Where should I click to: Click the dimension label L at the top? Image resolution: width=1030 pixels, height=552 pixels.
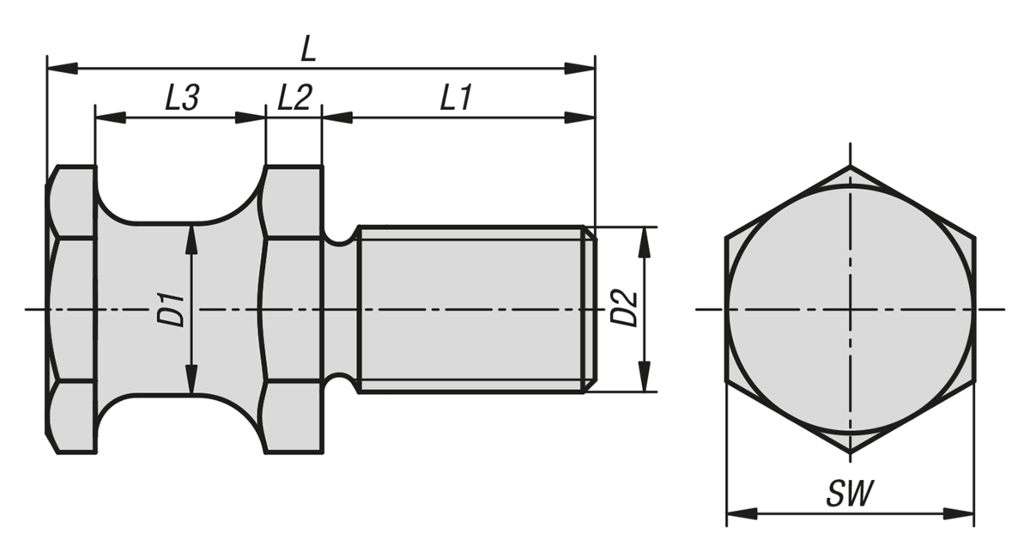(308, 49)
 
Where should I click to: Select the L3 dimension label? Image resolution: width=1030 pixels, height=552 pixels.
(182, 98)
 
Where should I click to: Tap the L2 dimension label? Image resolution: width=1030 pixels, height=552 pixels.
(294, 98)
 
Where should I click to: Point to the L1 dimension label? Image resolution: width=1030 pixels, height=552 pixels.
(455, 98)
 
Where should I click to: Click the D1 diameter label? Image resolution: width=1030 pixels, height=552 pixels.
(171, 309)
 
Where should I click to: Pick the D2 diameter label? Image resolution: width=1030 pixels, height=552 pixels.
(623, 308)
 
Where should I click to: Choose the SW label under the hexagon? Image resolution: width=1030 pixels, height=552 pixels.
(849, 494)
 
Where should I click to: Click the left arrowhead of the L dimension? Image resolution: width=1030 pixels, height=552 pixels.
(62, 68)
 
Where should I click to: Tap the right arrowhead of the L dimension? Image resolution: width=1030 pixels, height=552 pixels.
(580, 68)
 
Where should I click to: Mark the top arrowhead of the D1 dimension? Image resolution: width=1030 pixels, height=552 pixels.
(191, 240)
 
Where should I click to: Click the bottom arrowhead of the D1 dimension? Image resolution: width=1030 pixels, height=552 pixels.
(191, 379)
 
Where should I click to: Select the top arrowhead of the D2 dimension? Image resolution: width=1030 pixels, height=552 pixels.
(645, 242)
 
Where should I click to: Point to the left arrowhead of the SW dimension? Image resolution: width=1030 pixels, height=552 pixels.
(742, 514)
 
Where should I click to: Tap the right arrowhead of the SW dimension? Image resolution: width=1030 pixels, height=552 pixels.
(959, 514)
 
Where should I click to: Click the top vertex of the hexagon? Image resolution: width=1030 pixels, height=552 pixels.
(850, 166)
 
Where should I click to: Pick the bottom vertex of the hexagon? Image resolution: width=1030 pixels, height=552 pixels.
(850, 453)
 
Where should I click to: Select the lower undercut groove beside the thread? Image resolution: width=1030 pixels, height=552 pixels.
(339, 383)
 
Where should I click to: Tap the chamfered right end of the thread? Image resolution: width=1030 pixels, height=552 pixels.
(591, 309)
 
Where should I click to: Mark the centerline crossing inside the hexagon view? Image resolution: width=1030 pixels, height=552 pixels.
(850, 309)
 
